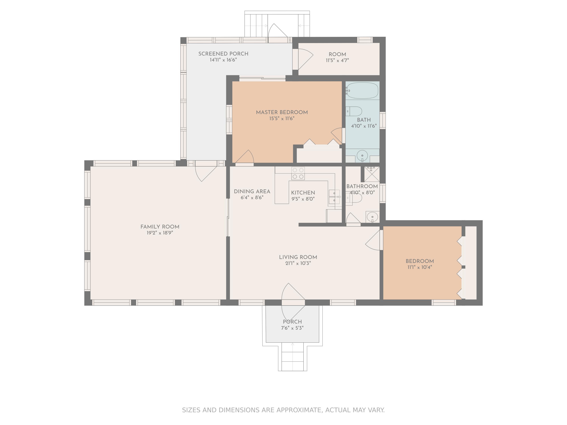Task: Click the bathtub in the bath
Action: click(x=362, y=90)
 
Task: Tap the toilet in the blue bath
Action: click(x=354, y=111)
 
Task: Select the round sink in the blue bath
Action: click(x=362, y=155)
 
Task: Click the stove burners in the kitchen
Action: click(x=298, y=173)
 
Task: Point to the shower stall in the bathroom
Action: click(x=372, y=174)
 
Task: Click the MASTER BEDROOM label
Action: click(x=282, y=112)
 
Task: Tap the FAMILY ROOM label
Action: click(x=160, y=227)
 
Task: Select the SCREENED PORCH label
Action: click(x=223, y=54)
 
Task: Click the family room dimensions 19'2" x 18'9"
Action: click(x=160, y=233)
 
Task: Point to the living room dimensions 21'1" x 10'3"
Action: click(x=298, y=263)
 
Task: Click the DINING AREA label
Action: click(x=252, y=191)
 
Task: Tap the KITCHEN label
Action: click(x=303, y=193)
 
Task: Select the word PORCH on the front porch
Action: click(x=292, y=322)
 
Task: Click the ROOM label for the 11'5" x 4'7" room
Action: click(x=337, y=54)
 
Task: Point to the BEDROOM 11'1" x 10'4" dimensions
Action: click(x=420, y=267)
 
